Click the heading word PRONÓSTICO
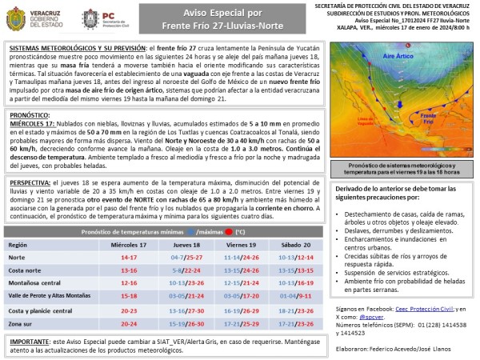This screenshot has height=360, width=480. [29, 115]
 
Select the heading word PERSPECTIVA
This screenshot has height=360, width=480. [30, 182]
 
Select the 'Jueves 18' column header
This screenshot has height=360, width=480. [186, 244]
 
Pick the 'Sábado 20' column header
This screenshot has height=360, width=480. [296, 244]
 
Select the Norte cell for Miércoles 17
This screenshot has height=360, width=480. [129, 258]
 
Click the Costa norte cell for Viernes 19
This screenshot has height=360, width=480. [242, 270]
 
